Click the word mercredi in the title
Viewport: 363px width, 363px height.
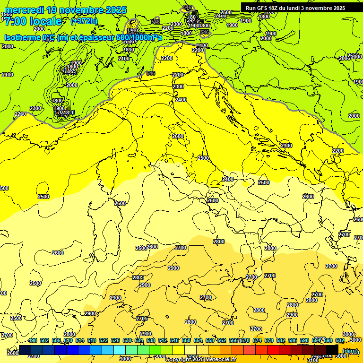point(24,10)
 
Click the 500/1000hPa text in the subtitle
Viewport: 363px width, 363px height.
point(139,38)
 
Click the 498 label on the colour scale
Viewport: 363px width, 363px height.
point(33,340)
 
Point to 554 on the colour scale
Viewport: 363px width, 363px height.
point(198,340)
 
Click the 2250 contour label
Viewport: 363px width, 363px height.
point(20,114)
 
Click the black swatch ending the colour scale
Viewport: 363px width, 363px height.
point(332,350)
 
